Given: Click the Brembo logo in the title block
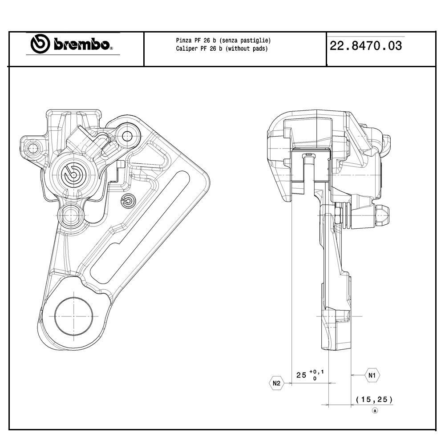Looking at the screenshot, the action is (71, 44).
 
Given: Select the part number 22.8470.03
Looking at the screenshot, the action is (366, 46).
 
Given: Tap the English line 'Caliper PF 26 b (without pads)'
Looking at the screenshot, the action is (222, 49).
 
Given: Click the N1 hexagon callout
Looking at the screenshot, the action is (372, 376).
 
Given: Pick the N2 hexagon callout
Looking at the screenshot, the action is (276, 384).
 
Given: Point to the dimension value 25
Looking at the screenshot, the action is (301, 375).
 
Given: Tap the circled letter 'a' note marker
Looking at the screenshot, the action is (375, 411).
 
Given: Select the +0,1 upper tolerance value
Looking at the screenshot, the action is (316, 372).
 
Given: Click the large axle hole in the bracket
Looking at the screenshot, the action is (73, 316).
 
